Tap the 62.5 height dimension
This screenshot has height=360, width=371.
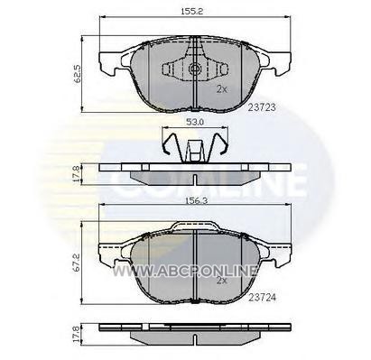pos(78,74)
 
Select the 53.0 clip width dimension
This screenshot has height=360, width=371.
pos(195,122)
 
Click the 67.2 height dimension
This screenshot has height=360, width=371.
pos(77,263)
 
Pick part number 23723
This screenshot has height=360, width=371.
pos(262,107)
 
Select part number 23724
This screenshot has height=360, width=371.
pos(262,297)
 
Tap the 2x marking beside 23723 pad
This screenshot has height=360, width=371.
pos(222,89)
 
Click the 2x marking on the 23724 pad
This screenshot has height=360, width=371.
pos(222,281)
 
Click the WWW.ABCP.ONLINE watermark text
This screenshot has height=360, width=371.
pos(185,271)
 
